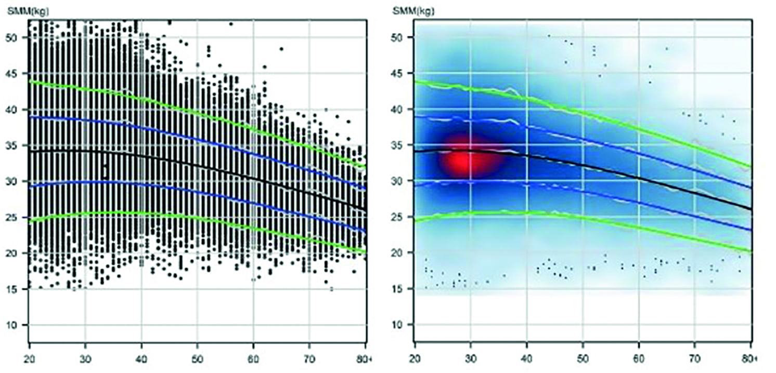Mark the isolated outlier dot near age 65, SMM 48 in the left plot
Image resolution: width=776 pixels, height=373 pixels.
281,49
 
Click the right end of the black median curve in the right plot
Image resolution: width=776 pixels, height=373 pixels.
751,209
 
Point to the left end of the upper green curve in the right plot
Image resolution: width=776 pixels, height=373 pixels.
416,81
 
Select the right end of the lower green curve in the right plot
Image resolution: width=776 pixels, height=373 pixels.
751,251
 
